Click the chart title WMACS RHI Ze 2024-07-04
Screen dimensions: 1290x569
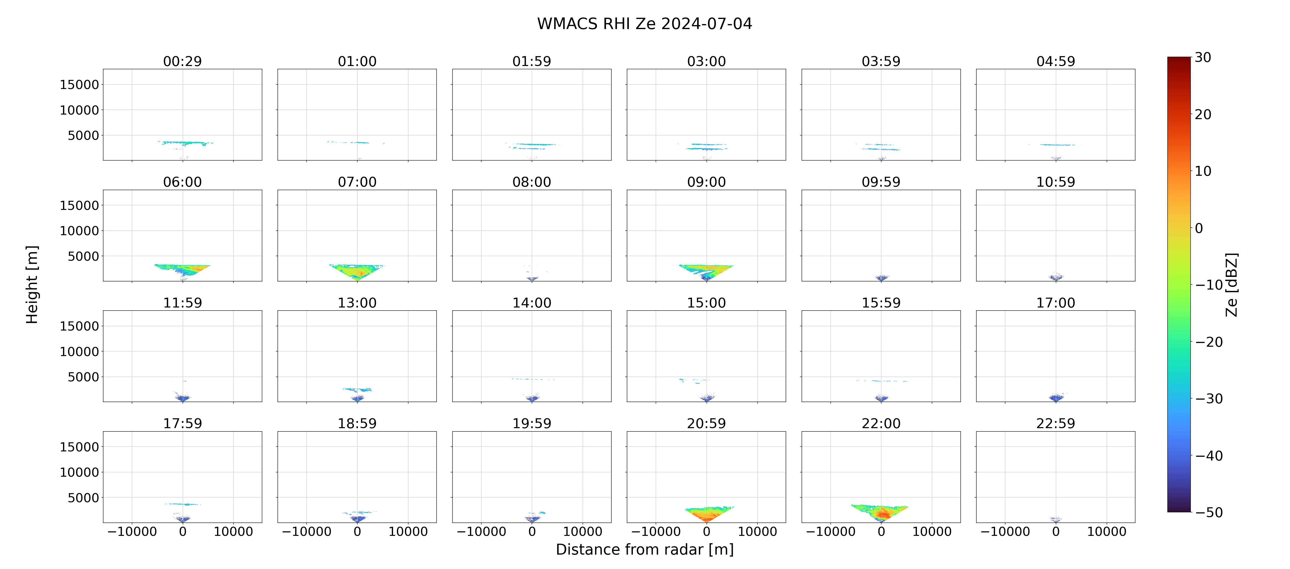[644, 24]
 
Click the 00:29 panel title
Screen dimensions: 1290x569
[182, 61]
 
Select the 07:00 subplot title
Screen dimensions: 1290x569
[357, 182]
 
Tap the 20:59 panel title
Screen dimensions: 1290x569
[706, 423]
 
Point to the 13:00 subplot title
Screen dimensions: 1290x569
[357, 302]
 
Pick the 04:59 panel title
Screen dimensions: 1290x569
[1056, 61]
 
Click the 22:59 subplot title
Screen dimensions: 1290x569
[1056, 423]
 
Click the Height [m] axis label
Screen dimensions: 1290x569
[32, 284]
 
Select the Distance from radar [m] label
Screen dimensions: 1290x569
[644, 550]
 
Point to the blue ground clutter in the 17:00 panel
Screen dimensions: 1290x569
[1056, 398]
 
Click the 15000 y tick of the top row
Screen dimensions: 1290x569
[79, 85]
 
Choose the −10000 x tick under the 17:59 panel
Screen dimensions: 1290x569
[132, 531]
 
